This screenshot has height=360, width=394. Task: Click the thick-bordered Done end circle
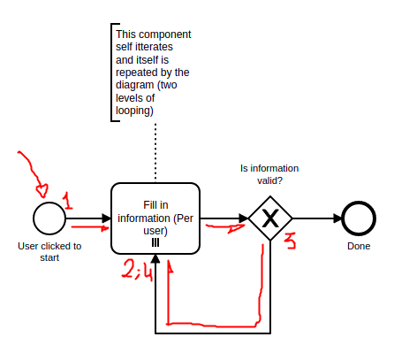point(359,218)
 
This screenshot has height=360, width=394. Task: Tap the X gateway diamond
point(270,218)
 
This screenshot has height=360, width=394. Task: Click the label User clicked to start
point(49,252)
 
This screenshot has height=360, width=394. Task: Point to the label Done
point(359,246)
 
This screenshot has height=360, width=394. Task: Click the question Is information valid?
point(269,173)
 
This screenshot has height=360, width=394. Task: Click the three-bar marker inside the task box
point(155,241)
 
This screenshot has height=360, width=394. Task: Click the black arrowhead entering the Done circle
point(337,218)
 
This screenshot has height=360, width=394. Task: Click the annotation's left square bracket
point(110,71)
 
